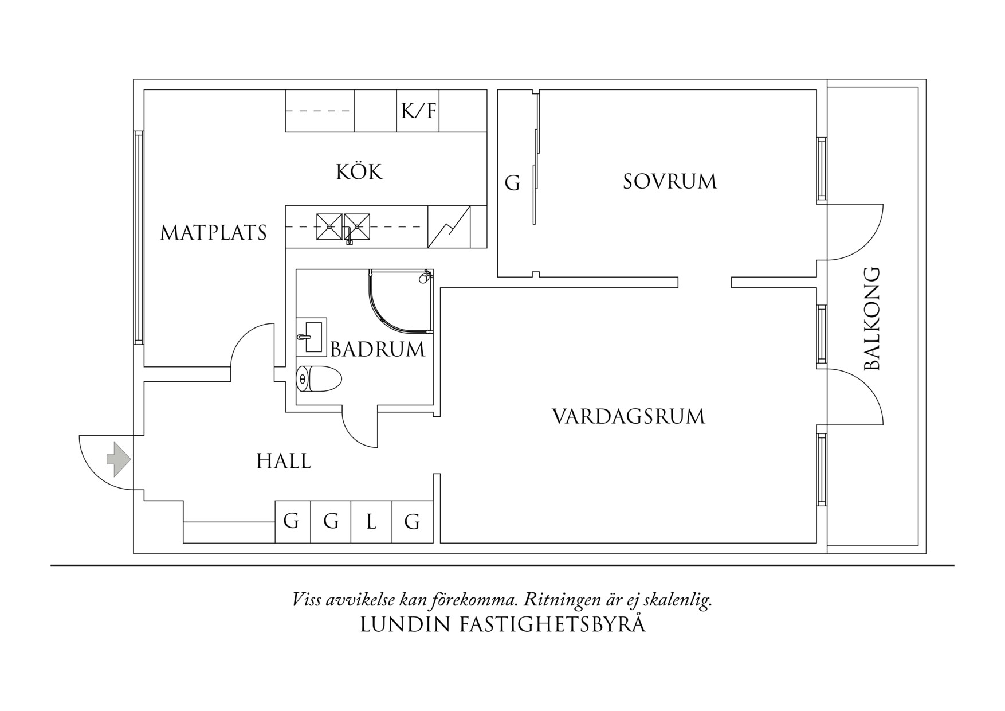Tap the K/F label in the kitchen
coord(418,110)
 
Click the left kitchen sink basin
coord(329,226)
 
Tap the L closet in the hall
coord(371,522)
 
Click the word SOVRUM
coord(669,182)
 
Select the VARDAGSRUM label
coord(628,416)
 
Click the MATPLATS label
coord(213,233)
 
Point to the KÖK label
coord(359,172)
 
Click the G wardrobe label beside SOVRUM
coord(512,183)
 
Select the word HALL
coord(284,461)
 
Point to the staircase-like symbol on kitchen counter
coord(449,227)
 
